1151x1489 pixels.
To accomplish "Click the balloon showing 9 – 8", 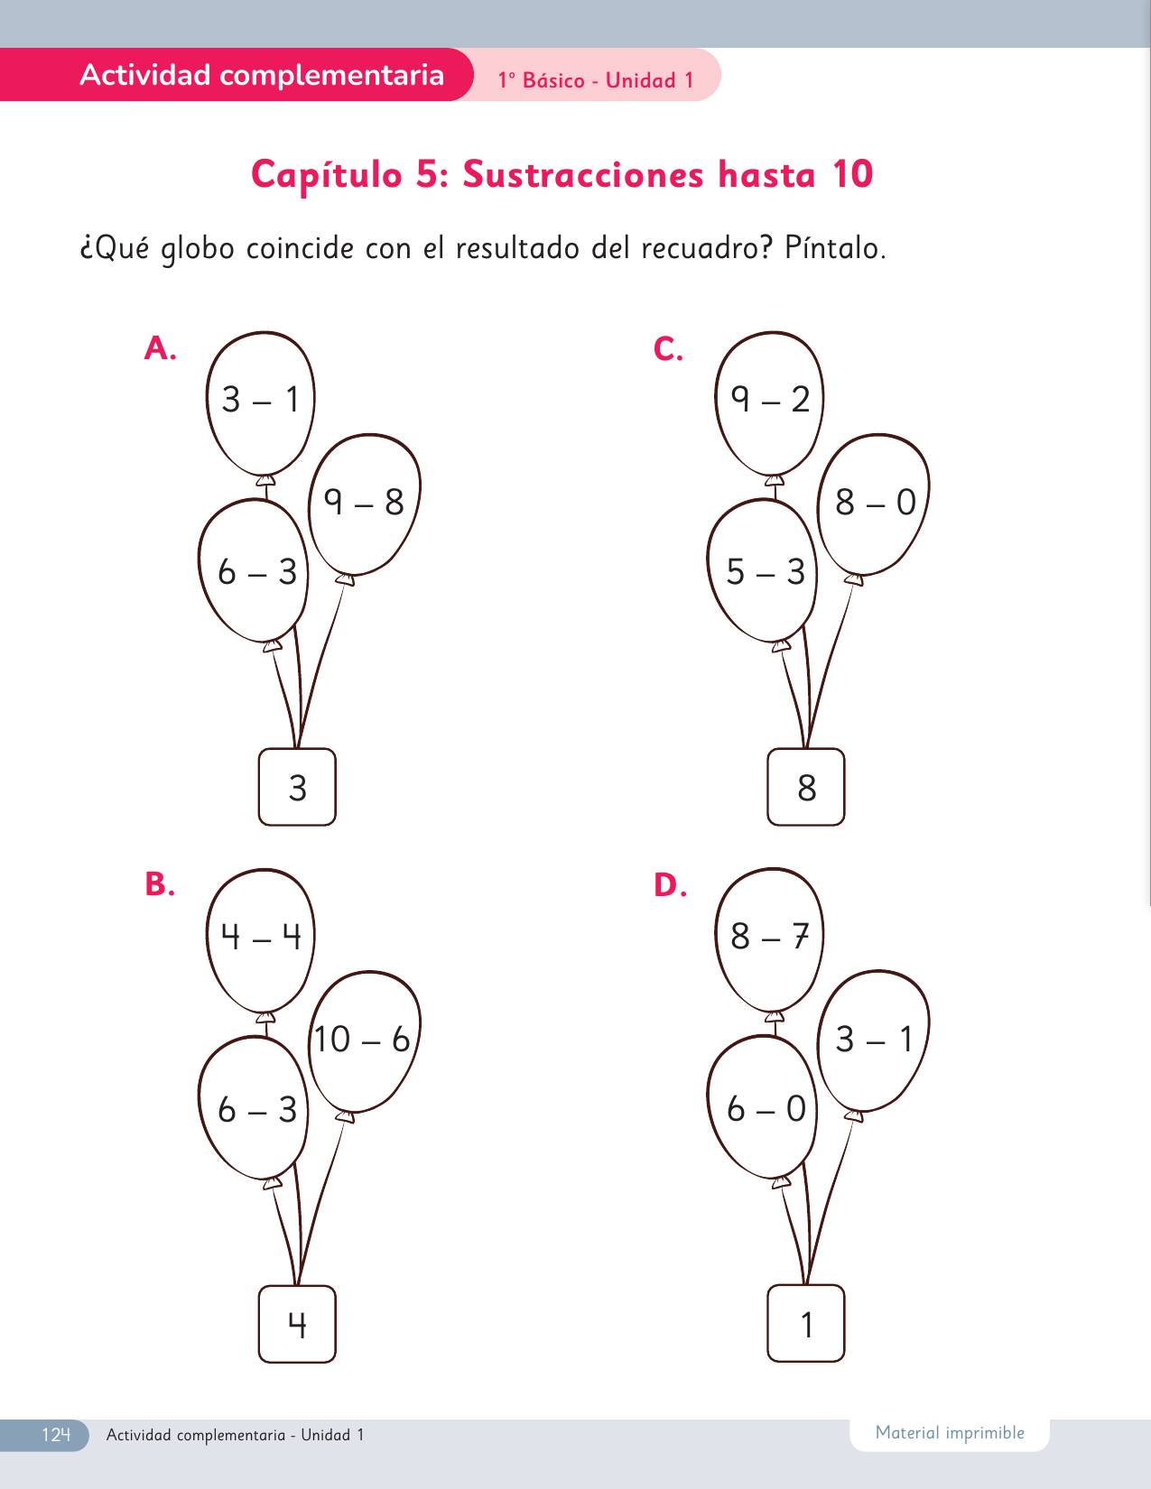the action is click(x=364, y=504).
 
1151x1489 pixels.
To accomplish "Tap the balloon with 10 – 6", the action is click(x=364, y=1041).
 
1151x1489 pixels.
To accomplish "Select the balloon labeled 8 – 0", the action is click(x=873, y=504).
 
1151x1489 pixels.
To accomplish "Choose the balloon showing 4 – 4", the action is click(x=261, y=940).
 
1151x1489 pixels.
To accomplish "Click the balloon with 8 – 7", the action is click(x=769, y=940).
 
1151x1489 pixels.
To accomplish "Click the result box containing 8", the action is click(x=806, y=787).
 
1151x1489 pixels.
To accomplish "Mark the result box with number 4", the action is click(x=298, y=1324).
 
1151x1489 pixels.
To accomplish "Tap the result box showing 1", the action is click(x=806, y=1324).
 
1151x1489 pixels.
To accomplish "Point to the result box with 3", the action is click(x=298, y=787).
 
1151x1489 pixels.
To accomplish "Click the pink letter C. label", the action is click(x=668, y=348).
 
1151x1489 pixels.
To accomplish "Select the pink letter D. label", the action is click(x=670, y=884).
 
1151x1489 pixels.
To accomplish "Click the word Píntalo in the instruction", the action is click(x=835, y=248).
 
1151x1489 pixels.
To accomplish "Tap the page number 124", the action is click(x=56, y=1435).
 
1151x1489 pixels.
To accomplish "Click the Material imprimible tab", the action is click(x=950, y=1433).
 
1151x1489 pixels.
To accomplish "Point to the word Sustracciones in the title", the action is click(x=583, y=174).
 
